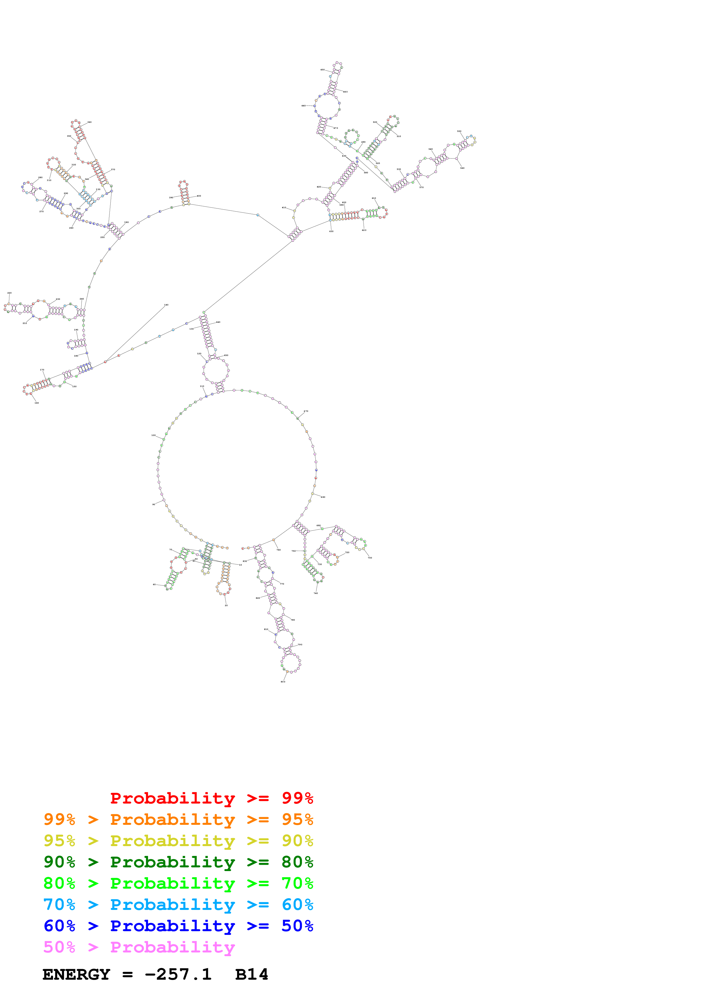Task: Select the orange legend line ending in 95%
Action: (178, 819)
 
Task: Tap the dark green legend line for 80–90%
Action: (178, 862)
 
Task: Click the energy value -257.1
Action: (178, 974)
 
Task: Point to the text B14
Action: (251, 974)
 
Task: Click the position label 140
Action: (166, 305)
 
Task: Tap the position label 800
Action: (283, 682)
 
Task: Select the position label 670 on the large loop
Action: (306, 411)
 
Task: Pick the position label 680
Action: (323, 497)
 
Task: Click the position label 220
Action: (10, 293)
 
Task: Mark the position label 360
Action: (90, 122)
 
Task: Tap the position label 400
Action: (199, 196)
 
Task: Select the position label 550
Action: (459, 131)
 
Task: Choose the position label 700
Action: (370, 558)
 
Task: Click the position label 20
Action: (226, 605)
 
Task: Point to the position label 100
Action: (153, 435)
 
